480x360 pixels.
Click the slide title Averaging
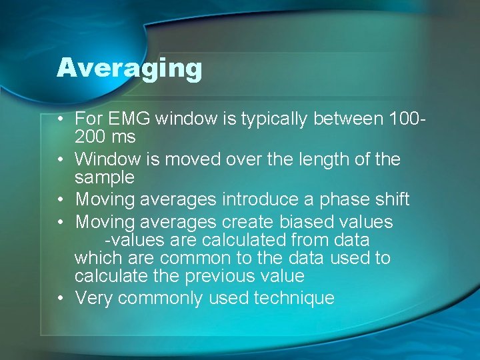point(129,68)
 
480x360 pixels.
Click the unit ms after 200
point(125,137)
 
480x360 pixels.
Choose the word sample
point(105,178)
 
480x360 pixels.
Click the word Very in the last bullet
point(94,298)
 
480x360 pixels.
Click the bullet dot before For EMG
point(60,120)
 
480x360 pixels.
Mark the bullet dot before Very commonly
point(60,299)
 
